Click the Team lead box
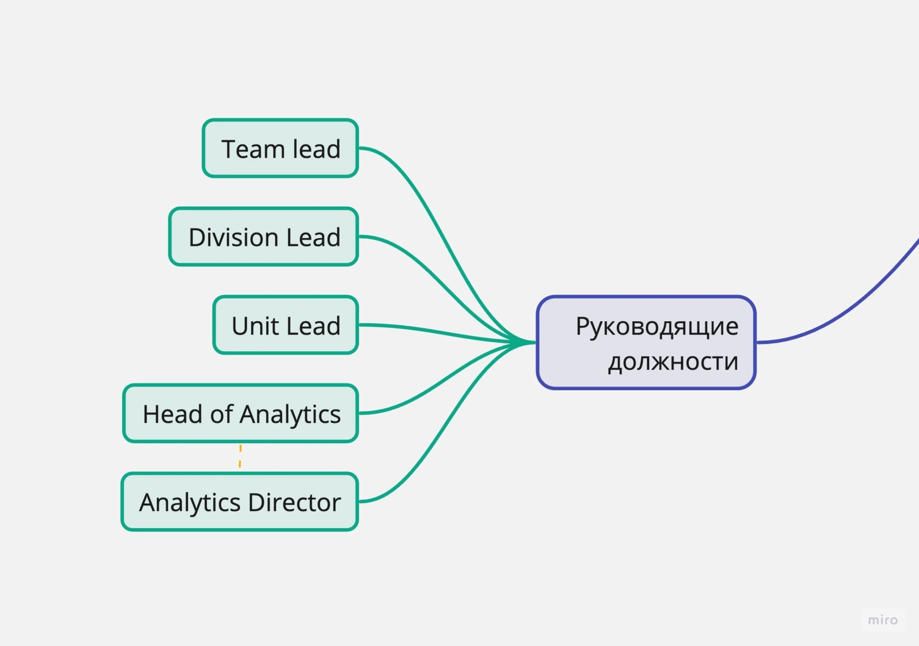click(x=280, y=148)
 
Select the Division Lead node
click(x=263, y=236)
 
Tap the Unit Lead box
click(x=286, y=325)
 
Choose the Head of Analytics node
click(x=241, y=413)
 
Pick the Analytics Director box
click(x=240, y=501)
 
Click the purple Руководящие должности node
click(x=646, y=342)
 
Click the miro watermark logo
click(x=882, y=620)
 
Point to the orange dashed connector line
click(x=240, y=457)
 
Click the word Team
click(x=252, y=149)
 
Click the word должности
click(x=673, y=362)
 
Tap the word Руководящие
click(x=656, y=326)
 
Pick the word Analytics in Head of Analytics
click(x=291, y=414)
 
